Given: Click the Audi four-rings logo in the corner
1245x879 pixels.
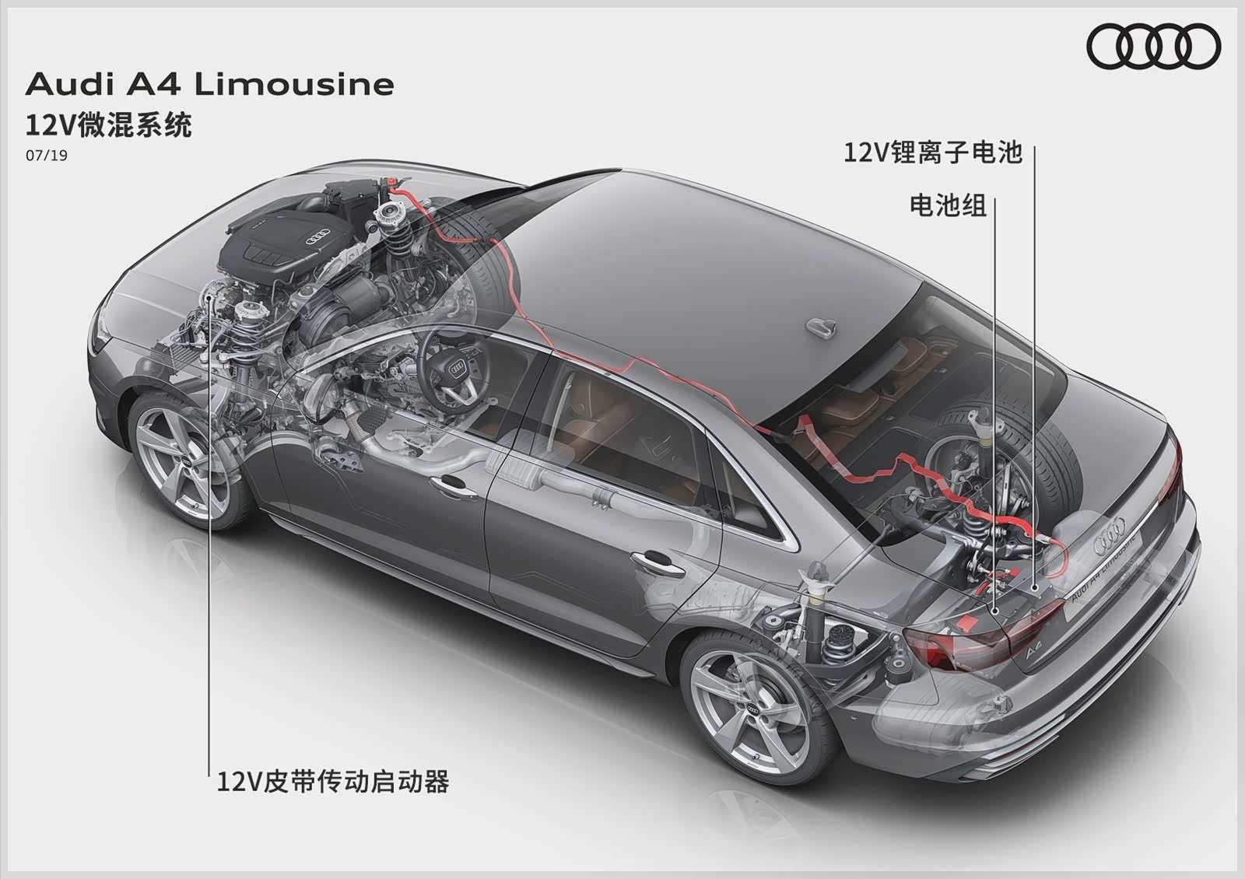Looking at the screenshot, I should (1153, 46).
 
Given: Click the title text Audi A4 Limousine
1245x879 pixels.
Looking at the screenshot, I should (210, 84).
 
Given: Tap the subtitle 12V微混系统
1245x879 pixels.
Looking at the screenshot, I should (108, 124).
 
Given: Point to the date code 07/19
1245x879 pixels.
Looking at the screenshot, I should (47, 156).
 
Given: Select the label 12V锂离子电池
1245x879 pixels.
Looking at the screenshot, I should (932, 152).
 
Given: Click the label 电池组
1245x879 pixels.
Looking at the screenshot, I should (948, 205).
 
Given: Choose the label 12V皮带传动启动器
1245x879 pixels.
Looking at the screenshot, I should (333, 780).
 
